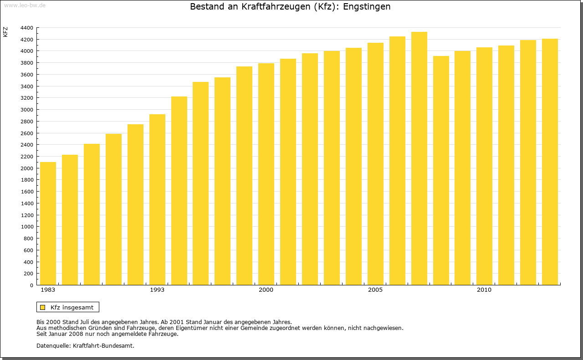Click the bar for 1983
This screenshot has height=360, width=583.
coord(48,223)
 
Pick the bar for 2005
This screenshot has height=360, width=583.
coord(375,164)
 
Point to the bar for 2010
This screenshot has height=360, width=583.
coord(484,166)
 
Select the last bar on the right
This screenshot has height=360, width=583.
coord(550,162)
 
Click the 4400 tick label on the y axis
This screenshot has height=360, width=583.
coord(27,28)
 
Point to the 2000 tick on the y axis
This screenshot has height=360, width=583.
coord(27,168)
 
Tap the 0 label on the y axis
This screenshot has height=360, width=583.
coord(31,285)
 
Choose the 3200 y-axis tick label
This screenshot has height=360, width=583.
coord(27,98)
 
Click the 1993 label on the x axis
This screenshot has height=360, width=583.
coord(157,290)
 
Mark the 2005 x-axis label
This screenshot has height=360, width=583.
coord(375,290)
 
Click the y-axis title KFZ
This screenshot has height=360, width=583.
coord(5,32)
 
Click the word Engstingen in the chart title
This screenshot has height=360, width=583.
coord(367,7)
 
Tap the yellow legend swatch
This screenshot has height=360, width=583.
coord(43,307)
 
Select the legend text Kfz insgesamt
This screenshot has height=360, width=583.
coord(72,307)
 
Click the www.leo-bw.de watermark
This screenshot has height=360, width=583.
coord(24,5)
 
